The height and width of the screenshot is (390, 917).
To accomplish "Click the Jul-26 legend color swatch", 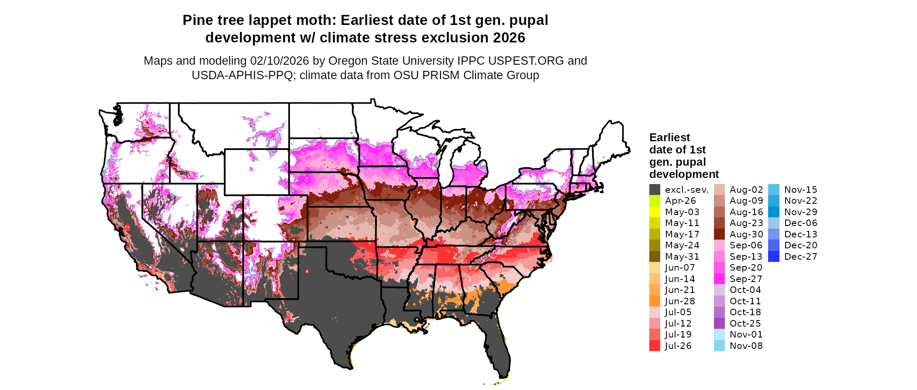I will (x=655, y=346).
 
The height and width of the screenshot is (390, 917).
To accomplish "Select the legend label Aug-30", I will (x=746, y=234).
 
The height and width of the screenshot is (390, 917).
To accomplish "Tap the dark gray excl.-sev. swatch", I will (x=655, y=190).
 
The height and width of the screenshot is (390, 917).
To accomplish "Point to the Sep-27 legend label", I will (x=746, y=279).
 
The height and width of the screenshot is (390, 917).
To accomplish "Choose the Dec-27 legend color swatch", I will (x=773, y=257).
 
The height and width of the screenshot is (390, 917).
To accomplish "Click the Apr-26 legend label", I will (x=680, y=201).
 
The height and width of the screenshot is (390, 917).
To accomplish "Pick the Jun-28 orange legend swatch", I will (x=655, y=301).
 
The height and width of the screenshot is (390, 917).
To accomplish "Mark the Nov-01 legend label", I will (x=746, y=334).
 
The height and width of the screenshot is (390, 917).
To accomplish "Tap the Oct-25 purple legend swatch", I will (x=719, y=324).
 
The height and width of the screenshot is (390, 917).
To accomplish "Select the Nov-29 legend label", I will (x=800, y=212).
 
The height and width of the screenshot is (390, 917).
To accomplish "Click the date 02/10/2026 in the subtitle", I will (x=279, y=61).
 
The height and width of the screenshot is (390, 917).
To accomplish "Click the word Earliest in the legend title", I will (x=669, y=138).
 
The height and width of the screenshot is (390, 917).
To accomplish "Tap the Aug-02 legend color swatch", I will (x=719, y=190).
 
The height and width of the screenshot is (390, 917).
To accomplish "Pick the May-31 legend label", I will (x=682, y=257).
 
